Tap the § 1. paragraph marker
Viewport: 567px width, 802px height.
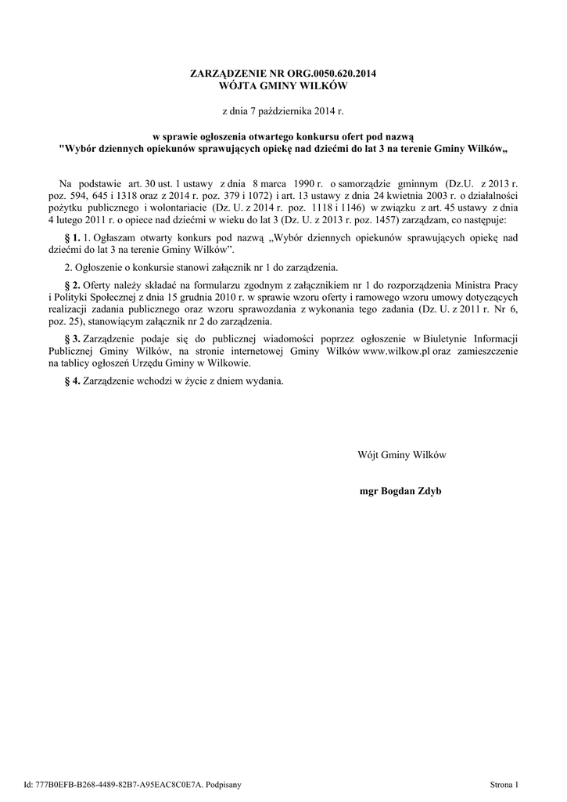[71, 236]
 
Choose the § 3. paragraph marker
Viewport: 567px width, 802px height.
[71, 338]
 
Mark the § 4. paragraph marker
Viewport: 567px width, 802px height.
[71, 381]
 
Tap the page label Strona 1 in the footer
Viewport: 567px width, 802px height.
[504, 783]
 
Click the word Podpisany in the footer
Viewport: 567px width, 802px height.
[223, 783]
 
